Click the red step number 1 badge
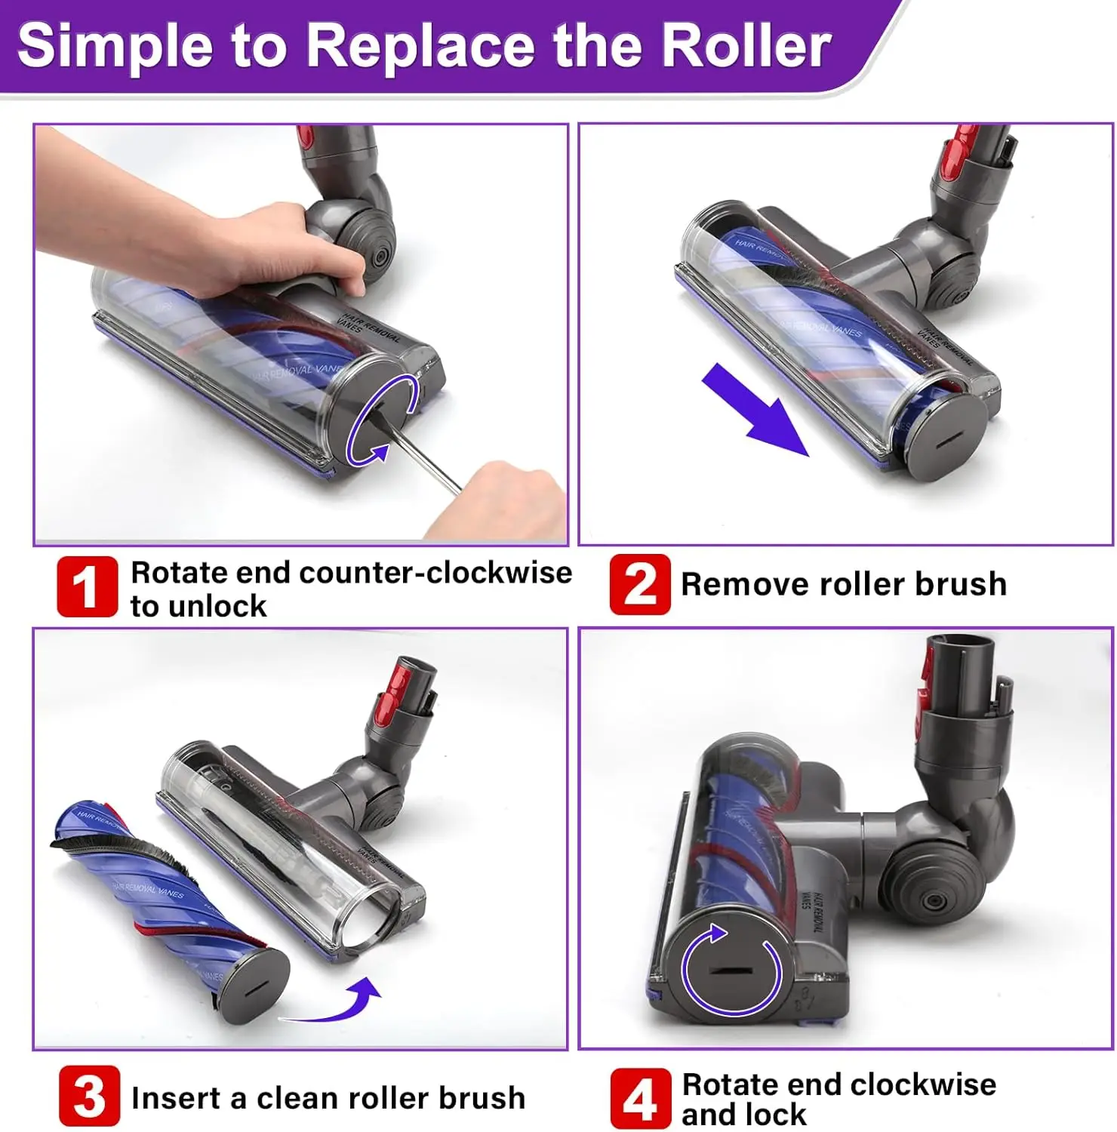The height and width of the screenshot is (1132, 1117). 88,586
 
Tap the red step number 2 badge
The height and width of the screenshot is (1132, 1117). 639,584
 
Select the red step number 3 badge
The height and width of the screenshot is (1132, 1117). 89,1096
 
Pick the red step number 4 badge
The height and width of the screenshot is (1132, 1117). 640,1098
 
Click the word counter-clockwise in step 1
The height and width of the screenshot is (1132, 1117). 435,573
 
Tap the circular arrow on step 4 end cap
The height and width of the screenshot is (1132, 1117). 731,970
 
